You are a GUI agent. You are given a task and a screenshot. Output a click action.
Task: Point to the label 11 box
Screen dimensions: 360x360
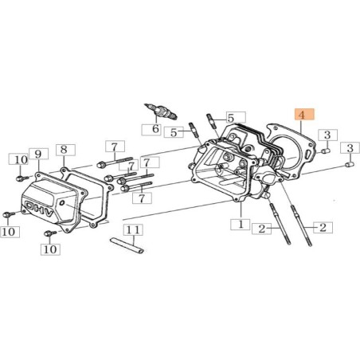(135, 230)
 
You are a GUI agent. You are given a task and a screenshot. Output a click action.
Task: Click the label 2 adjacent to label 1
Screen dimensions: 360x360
(260, 229)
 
